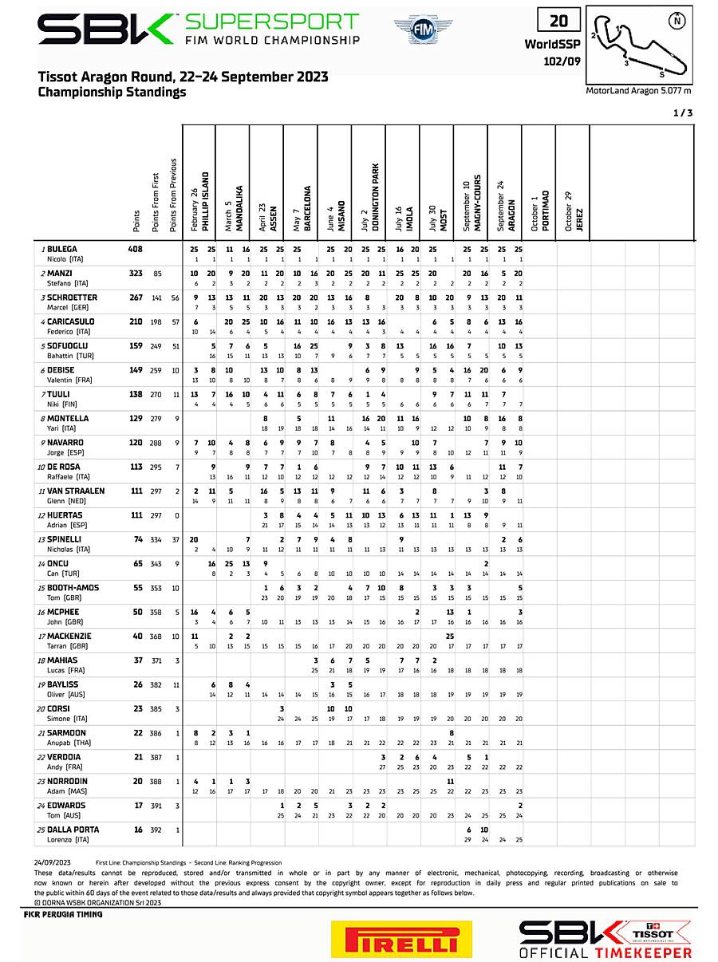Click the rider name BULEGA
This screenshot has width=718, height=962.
(x=62, y=250)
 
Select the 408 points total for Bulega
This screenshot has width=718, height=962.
(x=136, y=250)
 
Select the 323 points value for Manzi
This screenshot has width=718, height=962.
(x=136, y=274)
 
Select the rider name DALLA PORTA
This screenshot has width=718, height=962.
(x=76, y=830)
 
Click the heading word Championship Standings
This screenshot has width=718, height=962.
(x=112, y=92)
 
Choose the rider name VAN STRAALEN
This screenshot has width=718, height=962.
(x=76, y=491)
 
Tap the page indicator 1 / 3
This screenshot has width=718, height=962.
(x=682, y=113)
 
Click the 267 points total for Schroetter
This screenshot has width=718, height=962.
(x=136, y=298)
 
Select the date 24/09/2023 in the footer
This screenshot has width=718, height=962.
(x=53, y=862)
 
